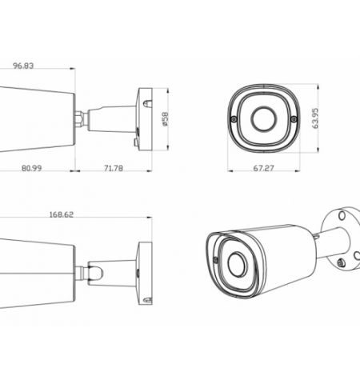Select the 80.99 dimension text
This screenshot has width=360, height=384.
33,169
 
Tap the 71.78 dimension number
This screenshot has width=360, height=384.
114,169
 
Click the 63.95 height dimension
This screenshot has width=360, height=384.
318,118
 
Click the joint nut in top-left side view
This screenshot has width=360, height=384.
81,118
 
